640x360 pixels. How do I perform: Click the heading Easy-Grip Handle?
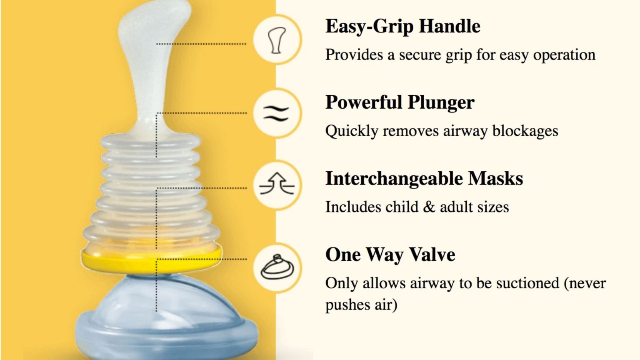point(402,26)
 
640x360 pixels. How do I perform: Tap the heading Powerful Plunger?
point(400,102)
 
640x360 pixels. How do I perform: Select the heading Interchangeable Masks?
point(424,179)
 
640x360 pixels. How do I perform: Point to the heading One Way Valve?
point(390,255)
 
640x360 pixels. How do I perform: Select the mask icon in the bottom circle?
point(277,267)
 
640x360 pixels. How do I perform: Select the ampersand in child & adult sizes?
point(429,207)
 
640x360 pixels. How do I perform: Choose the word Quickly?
point(352,132)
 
